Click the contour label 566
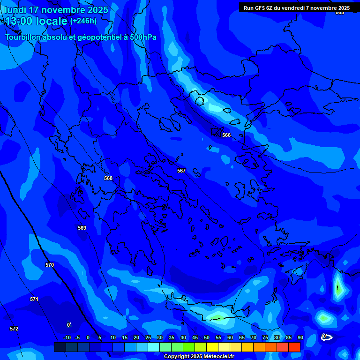(226, 135)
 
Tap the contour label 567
(181, 171)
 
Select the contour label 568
(108, 178)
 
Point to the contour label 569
(82, 228)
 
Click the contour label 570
(50, 265)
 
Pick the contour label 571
(34, 299)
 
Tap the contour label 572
(14, 329)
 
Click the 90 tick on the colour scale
(300, 337)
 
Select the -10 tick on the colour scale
(67, 337)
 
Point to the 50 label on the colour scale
(206, 337)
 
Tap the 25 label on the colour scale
(148, 337)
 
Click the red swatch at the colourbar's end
(294, 347)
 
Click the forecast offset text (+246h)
(83, 21)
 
